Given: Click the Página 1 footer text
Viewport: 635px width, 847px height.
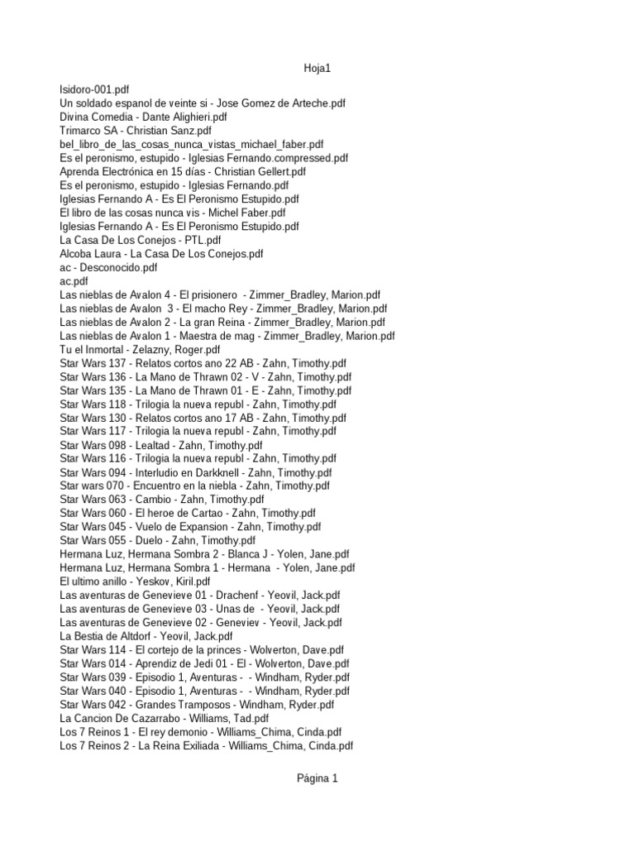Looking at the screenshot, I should (x=317, y=778).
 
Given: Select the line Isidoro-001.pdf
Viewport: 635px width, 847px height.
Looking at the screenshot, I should (x=94, y=89).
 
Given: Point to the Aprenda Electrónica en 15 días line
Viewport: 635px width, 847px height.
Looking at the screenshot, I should (x=183, y=171).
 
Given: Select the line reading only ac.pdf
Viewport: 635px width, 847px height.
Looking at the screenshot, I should (x=74, y=280).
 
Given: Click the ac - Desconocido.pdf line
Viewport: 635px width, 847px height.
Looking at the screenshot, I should (x=108, y=267).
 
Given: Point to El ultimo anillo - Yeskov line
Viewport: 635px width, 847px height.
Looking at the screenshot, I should (x=135, y=581).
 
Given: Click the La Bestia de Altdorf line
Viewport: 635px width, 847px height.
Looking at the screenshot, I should (x=146, y=636).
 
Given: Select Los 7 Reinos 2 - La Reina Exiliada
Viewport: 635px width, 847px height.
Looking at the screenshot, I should (x=207, y=745).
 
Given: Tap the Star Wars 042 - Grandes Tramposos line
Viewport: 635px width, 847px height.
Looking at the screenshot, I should (x=197, y=704).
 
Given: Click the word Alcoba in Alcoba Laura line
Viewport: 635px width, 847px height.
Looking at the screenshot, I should (x=77, y=253).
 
